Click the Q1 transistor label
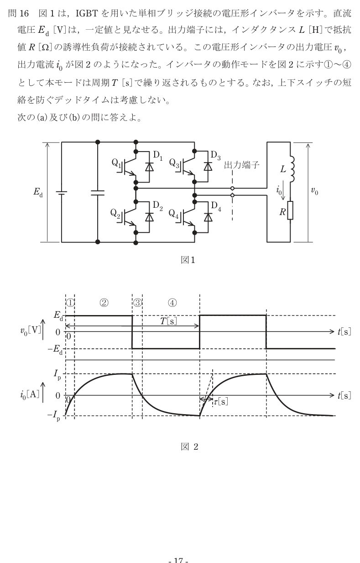(x=116, y=163)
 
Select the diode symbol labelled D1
(x=149, y=167)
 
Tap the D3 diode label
(x=215, y=156)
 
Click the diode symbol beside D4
(x=208, y=217)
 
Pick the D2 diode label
(x=157, y=206)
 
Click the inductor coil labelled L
(x=292, y=169)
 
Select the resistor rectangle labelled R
(x=290, y=210)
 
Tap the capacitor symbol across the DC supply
(x=98, y=193)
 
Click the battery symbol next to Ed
(x=62, y=193)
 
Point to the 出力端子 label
(x=241, y=165)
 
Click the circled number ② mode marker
(x=104, y=303)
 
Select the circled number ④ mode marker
(x=172, y=303)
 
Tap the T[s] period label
(x=168, y=321)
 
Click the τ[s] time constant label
(x=221, y=402)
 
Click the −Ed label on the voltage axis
(x=55, y=349)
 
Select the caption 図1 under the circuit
(x=188, y=260)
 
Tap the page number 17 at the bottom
(x=178, y=560)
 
